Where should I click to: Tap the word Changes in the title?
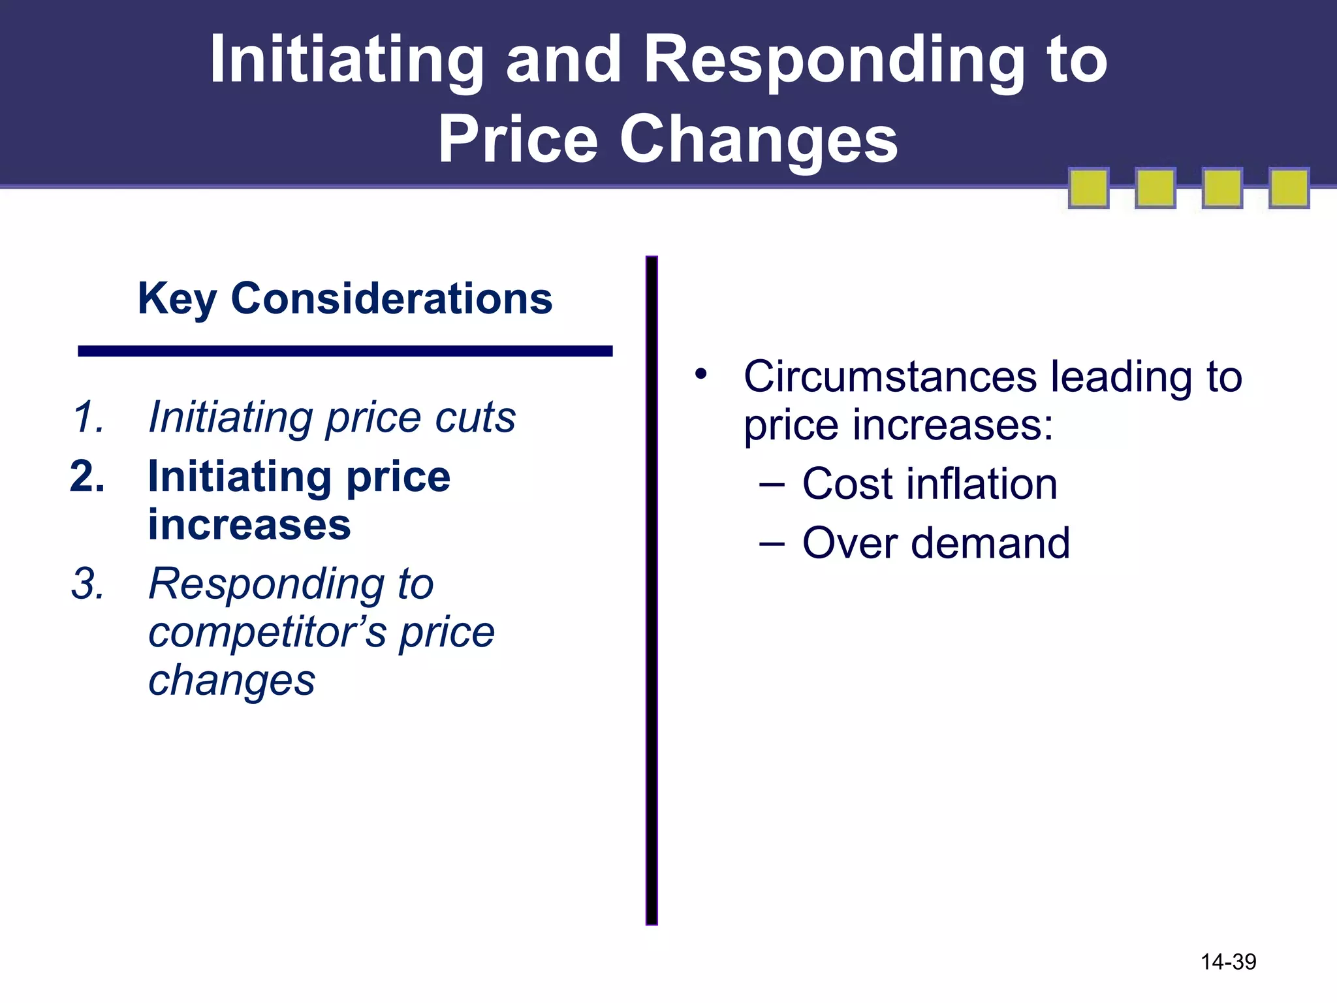pos(758,140)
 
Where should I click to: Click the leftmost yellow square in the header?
pos(1088,189)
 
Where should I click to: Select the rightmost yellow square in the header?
pos(1289,189)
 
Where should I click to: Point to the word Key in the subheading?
pos(176,299)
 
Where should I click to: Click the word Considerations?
pos(392,299)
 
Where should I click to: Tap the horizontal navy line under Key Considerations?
pos(345,351)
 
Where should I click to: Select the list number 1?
pos(88,417)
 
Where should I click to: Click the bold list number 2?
pos(87,477)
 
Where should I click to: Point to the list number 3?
pos(88,584)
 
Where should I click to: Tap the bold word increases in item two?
pos(249,525)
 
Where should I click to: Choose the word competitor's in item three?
pos(268,632)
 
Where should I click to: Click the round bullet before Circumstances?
pos(701,374)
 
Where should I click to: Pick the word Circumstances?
pos(890,377)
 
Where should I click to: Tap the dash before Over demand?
pos(772,543)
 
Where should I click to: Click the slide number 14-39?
pos(1229,962)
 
